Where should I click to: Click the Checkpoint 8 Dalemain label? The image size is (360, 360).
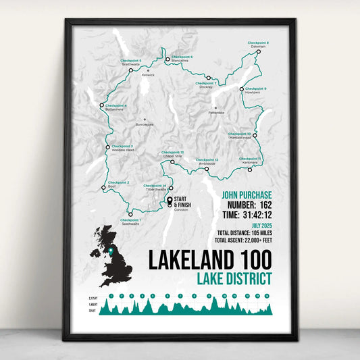pyautogui.click(x=259, y=45)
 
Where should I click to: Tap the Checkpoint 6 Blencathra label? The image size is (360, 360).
pyautogui.click(x=181, y=58)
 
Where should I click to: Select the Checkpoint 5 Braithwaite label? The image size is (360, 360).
pyautogui.click(x=130, y=62)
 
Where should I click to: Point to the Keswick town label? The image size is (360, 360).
pyautogui.click(x=147, y=74)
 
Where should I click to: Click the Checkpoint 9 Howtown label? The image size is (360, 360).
pyautogui.click(x=255, y=91)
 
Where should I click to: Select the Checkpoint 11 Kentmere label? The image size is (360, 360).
pyautogui.click(x=250, y=160)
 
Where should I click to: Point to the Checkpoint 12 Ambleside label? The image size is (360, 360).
pyautogui.click(x=207, y=161)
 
